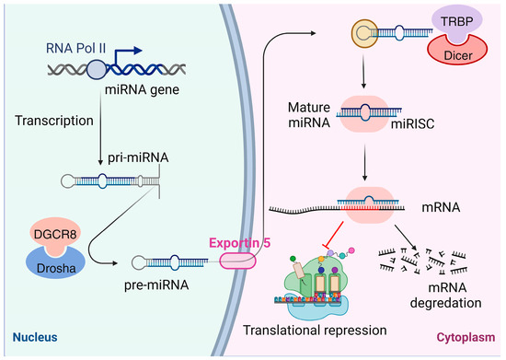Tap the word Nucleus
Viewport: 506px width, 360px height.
point(33,340)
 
